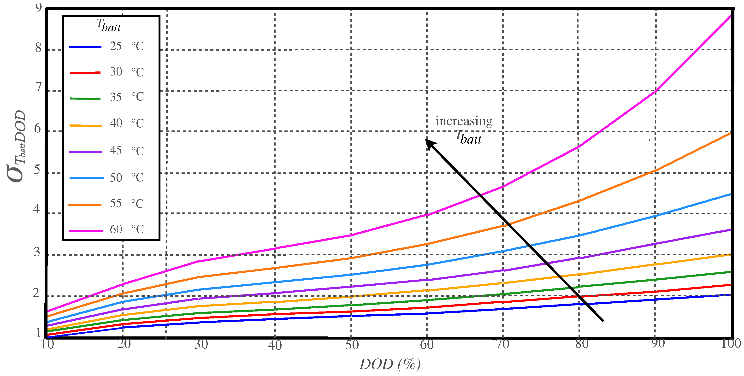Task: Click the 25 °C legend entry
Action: coord(126,46)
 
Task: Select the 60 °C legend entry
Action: coord(126,229)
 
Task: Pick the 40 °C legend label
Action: coord(126,123)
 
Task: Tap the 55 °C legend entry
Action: coord(126,204)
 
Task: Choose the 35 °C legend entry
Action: coord(126,97)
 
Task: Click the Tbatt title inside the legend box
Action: coord(109,25)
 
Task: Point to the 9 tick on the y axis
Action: coord(38,8)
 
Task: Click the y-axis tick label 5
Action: coord(37,170)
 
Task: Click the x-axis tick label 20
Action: coord(124,344)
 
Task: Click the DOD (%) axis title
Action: coord(390,364)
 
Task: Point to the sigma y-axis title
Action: coord(17,146)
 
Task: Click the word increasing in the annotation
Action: coord(464,121)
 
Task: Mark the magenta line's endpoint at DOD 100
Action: coord(731,15)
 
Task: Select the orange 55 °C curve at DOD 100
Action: coord(731,133)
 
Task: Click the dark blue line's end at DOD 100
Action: coord(731,294)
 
